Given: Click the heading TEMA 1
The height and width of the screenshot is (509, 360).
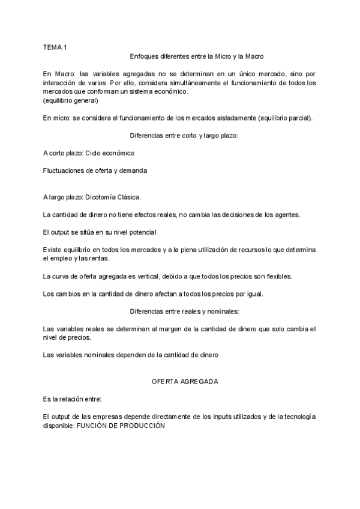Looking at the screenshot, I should [55, 46].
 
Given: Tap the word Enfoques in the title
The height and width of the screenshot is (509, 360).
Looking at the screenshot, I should [143, 56].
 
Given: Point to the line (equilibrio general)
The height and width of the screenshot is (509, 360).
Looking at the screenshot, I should [71, 100].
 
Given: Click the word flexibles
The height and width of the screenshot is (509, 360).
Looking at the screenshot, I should [277, 276].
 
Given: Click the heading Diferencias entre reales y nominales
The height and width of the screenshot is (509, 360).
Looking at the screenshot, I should [184, 311].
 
